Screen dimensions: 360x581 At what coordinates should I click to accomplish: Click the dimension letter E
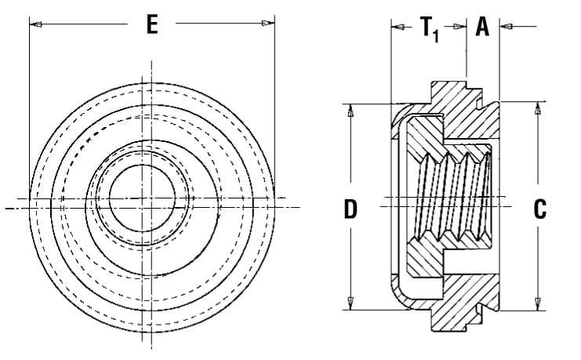[152, 25]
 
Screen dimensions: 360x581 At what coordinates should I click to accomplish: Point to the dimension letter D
[351, 209]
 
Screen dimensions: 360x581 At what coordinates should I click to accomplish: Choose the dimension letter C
[539, 209]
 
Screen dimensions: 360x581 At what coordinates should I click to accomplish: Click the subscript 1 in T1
[438, 35]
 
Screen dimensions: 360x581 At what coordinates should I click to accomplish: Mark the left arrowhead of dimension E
[35, 24]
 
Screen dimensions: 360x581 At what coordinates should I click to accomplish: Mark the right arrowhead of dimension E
[269, 24]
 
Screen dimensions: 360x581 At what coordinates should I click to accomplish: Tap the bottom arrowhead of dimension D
[350, 303]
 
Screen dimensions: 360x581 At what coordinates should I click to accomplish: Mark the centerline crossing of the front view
[142, 201]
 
